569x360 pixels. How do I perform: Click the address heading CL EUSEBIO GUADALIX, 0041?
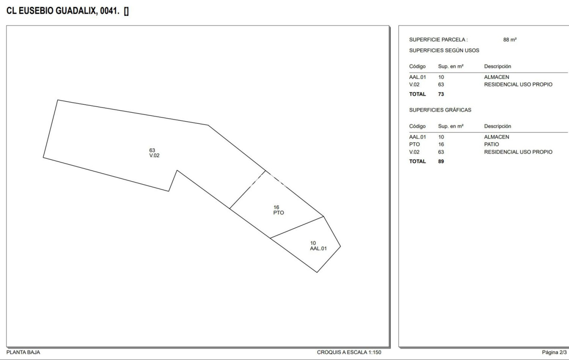tap(63, 11)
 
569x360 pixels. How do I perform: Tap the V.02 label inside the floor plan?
tap(154, 155)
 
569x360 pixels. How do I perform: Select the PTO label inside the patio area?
tap(278, 213)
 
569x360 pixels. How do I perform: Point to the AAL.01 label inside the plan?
tap(318, 248)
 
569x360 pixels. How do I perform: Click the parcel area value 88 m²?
tap(510, 40)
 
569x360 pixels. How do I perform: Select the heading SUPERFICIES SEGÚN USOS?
tap(444, 50)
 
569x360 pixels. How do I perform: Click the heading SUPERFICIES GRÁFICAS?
tap(440, 110)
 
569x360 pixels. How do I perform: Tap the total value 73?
tap(441, 94)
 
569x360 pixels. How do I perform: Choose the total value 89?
tap(441, 161)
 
